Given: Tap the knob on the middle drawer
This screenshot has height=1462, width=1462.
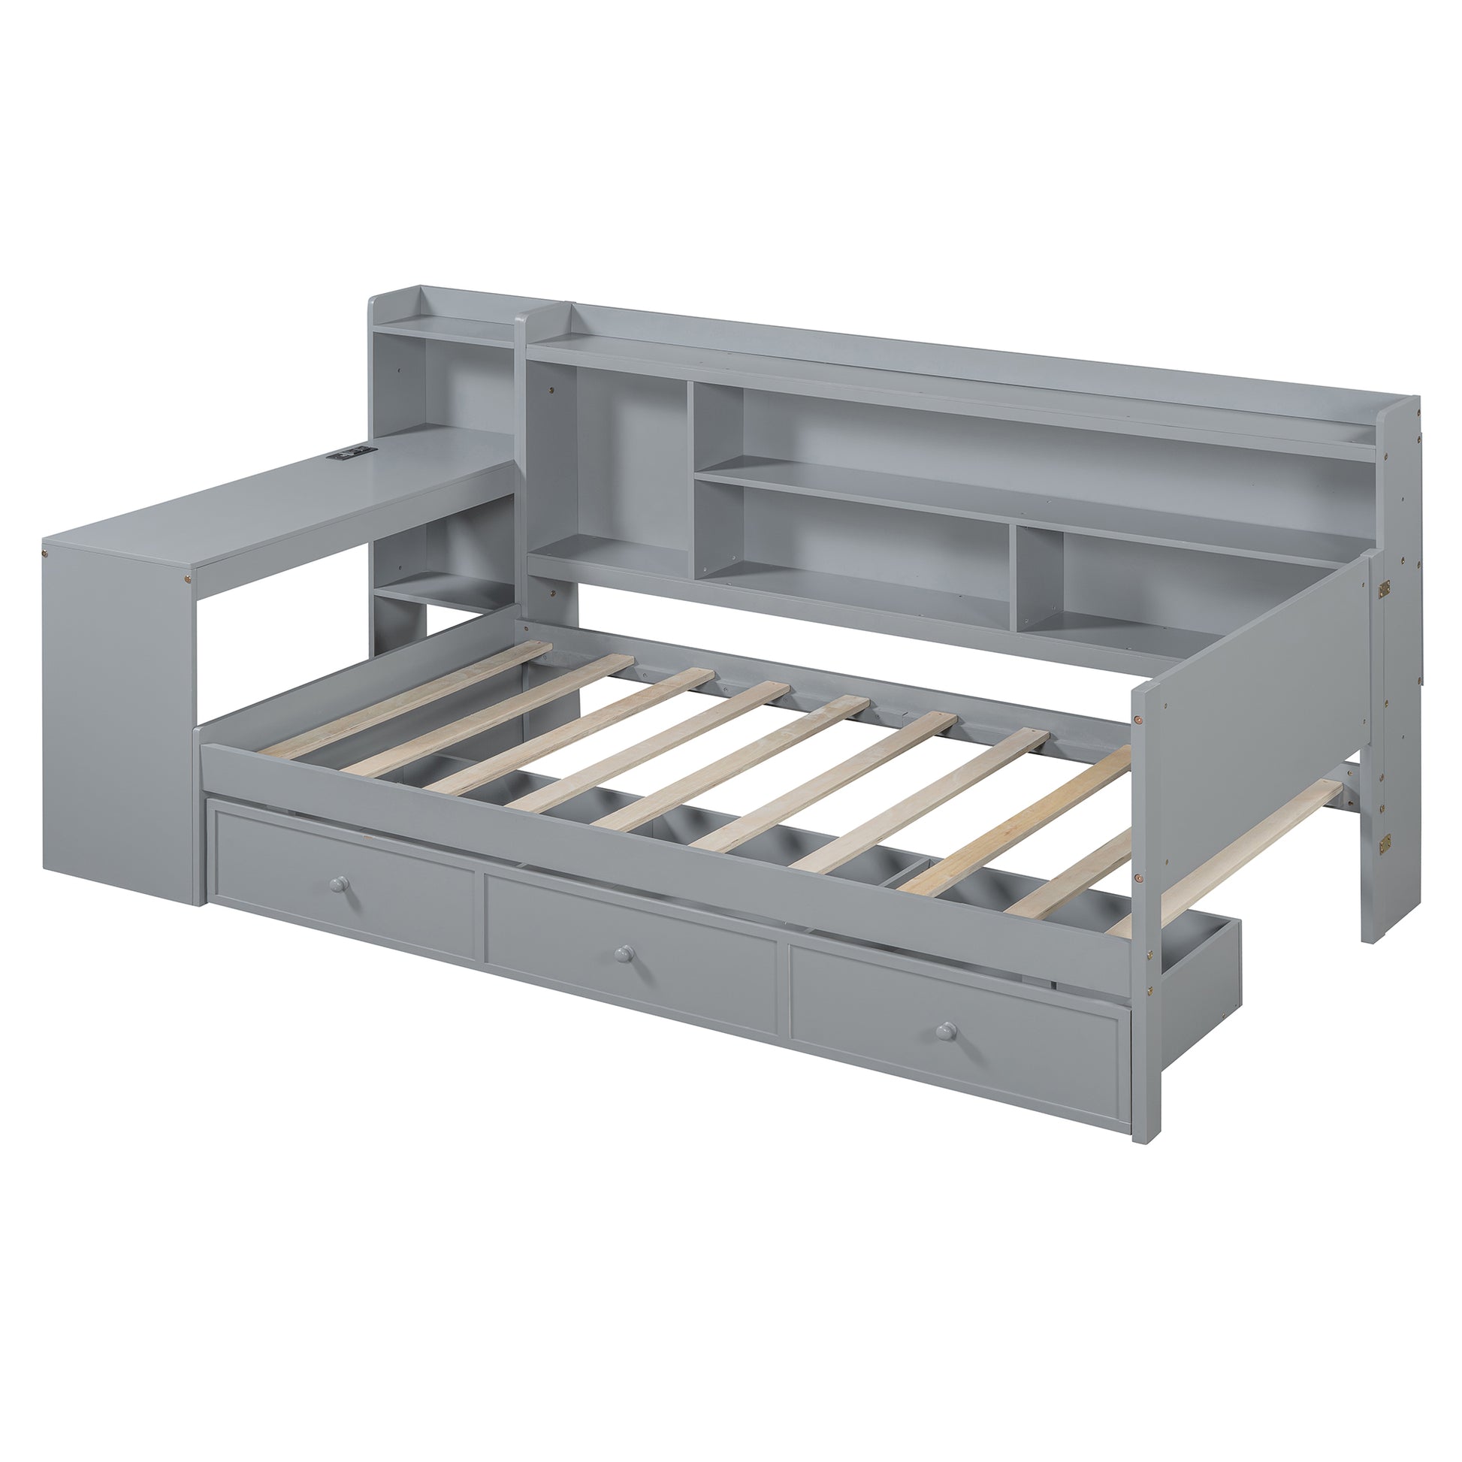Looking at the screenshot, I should point(624,953).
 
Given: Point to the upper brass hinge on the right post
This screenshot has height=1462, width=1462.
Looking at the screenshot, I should point(1385,588).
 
